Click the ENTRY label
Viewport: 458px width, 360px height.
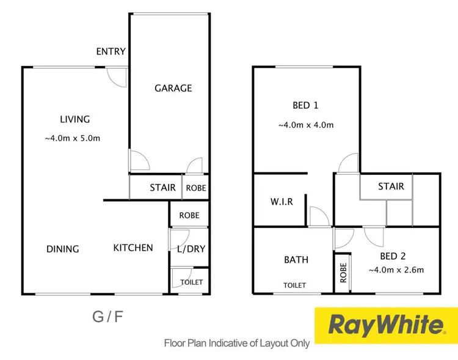tap(111, 51)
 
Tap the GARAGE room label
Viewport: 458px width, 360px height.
tap(173, 88)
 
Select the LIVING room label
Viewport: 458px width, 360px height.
tap(75, 119)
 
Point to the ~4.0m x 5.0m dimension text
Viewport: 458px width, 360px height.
tap(72, 138)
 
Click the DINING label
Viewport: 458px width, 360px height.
tap(63, 249)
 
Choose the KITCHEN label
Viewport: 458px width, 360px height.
tap(133, 248)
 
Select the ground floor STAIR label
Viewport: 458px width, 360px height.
tap(162, 188)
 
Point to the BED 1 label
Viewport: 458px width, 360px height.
tap(305, 105)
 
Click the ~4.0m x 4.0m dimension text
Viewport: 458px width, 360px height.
tap(305, 125)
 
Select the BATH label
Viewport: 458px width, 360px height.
tap(296, 260)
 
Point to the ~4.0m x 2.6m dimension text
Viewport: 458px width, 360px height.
tap(396, 270)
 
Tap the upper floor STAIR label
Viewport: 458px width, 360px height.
tap(391, 186)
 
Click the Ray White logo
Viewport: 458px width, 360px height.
tap(385, 325)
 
